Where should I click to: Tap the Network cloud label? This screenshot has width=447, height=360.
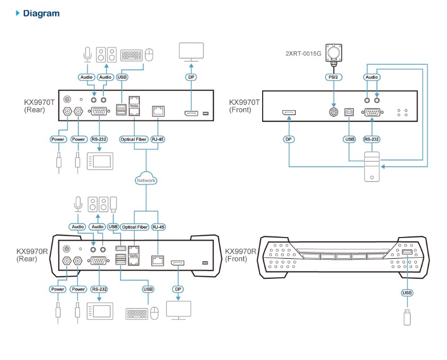tap(146, 180)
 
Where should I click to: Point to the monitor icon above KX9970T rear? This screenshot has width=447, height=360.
tap(191, 52)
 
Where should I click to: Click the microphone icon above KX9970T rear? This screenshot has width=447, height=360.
tap(87, 54)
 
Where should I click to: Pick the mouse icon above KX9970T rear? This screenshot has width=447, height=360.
tap(150, 54)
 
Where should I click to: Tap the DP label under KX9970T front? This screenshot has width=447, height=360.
tap(289, 139)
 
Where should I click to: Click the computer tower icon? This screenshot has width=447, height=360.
tap(372, 168)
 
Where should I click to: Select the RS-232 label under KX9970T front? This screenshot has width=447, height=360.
tap(372, 139)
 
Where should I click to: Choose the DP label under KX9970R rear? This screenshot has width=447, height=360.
tap(178, 289)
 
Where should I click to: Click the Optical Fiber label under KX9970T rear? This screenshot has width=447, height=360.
tap(135, 139)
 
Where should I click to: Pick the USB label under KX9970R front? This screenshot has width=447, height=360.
tap(407, 293)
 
